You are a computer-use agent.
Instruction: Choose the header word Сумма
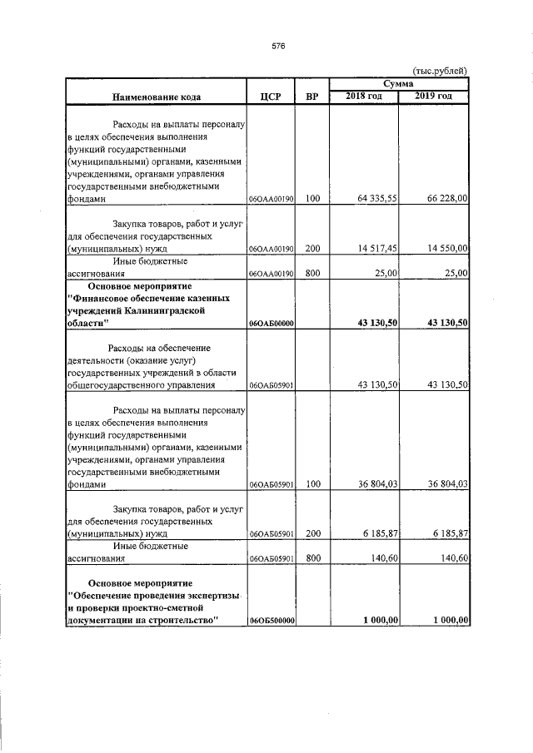[399, 85]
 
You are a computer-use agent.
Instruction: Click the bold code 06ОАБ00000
[271, 323]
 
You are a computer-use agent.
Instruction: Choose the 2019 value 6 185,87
[446, 533]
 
